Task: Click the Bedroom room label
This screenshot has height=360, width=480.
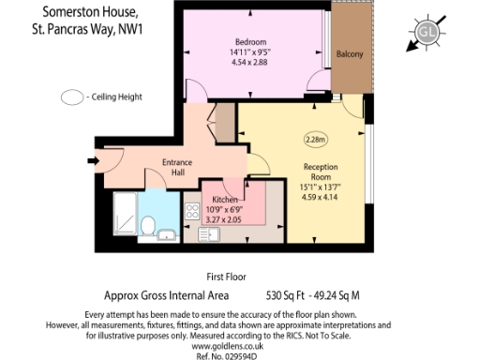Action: [x=252, y=42]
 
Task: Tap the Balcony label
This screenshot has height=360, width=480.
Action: [x=350, y=53]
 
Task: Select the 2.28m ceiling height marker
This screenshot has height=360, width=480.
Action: [x=315, y=140]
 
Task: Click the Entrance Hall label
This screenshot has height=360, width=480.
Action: [x=177, y=167]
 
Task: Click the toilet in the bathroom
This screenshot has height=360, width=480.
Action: [x=148, y=225]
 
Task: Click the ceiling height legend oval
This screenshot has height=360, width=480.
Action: [x=72, y=97]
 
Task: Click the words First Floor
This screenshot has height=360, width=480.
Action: [x=226, y=277]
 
